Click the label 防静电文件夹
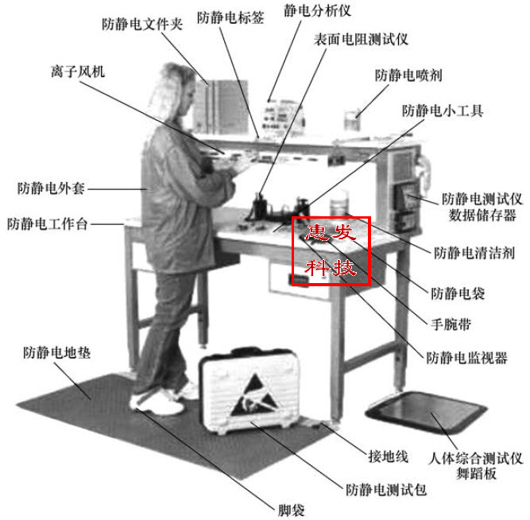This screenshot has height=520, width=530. [143, 24]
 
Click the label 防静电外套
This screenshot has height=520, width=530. [51, 189]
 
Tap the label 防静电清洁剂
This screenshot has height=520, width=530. [474, 254]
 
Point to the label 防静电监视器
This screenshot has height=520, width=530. [466, 358]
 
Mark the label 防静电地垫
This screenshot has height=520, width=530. [57, 351]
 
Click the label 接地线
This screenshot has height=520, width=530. [389, 456]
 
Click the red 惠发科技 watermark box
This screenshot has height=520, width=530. [331, 250]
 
